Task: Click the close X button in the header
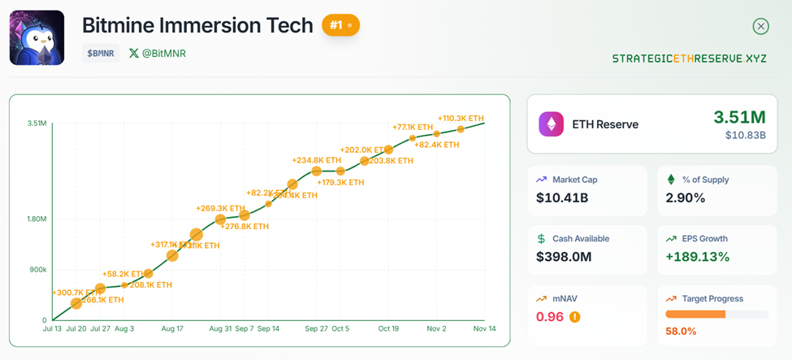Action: (x=760, y=26)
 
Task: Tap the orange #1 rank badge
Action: (x=340, y=25)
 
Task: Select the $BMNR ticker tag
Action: (x=101, y=54)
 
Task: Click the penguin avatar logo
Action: (x=37, y=37)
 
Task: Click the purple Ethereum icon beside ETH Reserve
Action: (x=552, y=124)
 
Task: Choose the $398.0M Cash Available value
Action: (x=564, y=257)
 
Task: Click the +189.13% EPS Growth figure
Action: (x=698, y=257)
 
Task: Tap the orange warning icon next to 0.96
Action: (x=575, y=317)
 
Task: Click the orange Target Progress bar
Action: (x=695, y=314)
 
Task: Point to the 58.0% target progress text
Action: (x=681, y=331)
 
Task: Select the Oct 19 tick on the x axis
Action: (x=389, y=329)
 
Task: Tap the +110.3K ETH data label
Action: (x=461, y=119)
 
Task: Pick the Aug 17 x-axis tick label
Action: (x=172, y=329)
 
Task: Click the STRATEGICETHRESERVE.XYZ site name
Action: (x=689, y=59)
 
